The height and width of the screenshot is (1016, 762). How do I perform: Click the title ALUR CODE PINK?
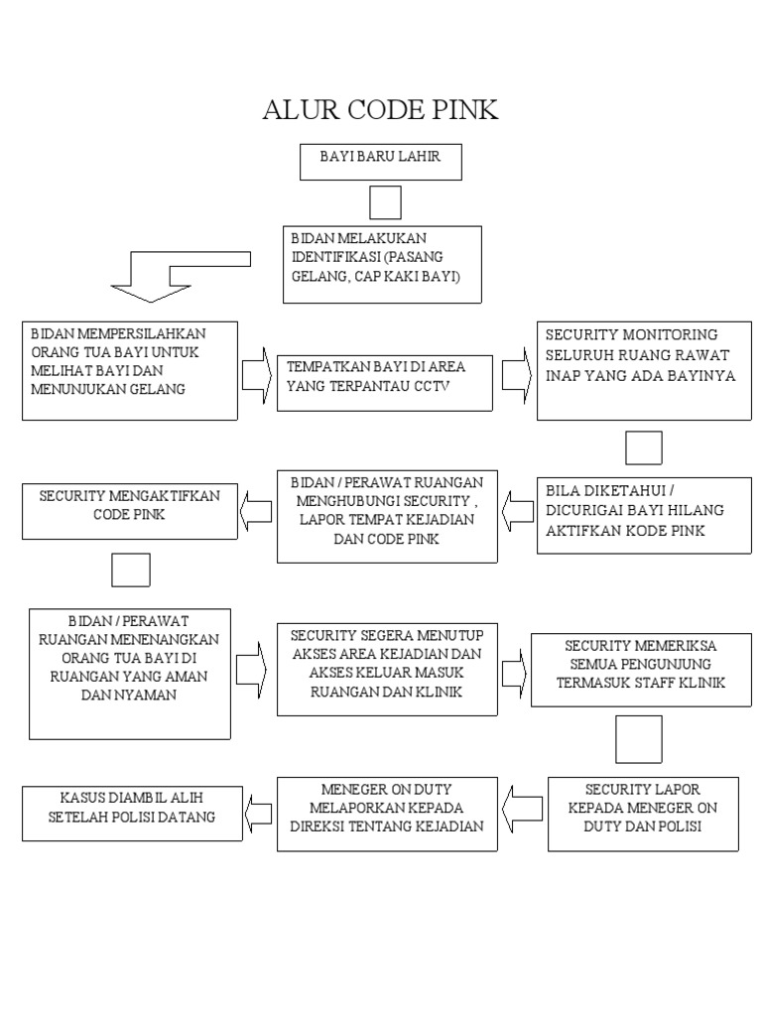(380, 110)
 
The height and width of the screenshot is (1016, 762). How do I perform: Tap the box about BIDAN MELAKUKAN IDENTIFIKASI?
(383, 264)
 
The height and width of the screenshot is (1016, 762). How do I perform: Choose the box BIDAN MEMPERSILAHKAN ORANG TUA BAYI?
(129, 370)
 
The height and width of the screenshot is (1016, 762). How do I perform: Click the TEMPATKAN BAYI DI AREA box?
(384, 382)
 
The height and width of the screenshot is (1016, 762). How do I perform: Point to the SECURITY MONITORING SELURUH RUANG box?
(644, 370)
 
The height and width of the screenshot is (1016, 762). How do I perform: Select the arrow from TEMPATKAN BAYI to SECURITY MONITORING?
(515, 375)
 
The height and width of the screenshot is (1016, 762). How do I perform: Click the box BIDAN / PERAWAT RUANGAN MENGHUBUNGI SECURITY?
(386, 516)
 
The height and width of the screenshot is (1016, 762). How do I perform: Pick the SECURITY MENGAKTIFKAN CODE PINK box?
(129, 511)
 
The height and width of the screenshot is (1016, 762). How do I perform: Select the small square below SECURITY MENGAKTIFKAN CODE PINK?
(131, 571)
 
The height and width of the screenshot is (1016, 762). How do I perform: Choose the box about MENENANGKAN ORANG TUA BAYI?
(129, 674)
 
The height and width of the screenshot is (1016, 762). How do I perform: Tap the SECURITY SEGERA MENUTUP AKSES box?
(386, 669)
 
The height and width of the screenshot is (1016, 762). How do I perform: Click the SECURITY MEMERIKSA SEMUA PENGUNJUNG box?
(641, 670)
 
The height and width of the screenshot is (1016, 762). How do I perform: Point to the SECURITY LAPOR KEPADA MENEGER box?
(643, 814)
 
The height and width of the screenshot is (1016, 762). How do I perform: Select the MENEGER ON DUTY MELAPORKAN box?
(386, 814)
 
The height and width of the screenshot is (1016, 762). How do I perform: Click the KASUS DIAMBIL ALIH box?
(131, 814)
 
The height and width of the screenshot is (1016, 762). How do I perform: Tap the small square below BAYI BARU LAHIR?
(385, 202)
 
